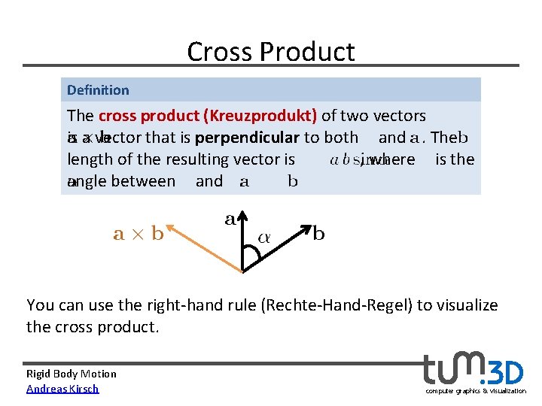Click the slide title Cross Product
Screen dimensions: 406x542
point(270,52)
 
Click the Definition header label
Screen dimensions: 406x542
point(98,90)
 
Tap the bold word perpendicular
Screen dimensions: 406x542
point(247,138)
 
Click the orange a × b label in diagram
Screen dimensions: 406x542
point(138,234)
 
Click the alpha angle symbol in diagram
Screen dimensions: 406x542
point(265,237)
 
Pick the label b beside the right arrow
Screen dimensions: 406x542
point(318,234)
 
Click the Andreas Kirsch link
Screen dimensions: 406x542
point(62,389)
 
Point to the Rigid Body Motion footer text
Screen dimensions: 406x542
point(72,374)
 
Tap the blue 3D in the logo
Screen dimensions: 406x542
point(507,372)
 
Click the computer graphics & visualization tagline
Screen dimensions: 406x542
point(476,391)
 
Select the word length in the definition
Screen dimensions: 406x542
point(89,159)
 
